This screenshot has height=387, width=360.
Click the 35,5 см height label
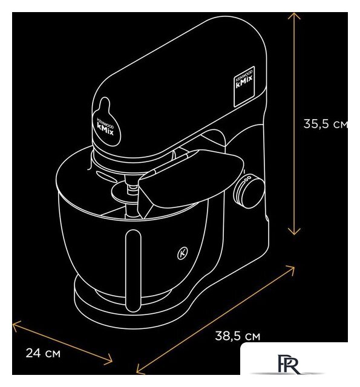pos(326,123)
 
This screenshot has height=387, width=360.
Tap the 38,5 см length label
pos(238,336)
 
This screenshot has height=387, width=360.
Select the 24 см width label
pos(43,353)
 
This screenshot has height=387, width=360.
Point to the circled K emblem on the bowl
pos(183,253)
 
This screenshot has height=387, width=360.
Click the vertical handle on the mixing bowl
pos(133,270)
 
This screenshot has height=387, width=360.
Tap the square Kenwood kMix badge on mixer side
pos(244,86)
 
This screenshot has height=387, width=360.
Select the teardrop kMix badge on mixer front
pos(106,122)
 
